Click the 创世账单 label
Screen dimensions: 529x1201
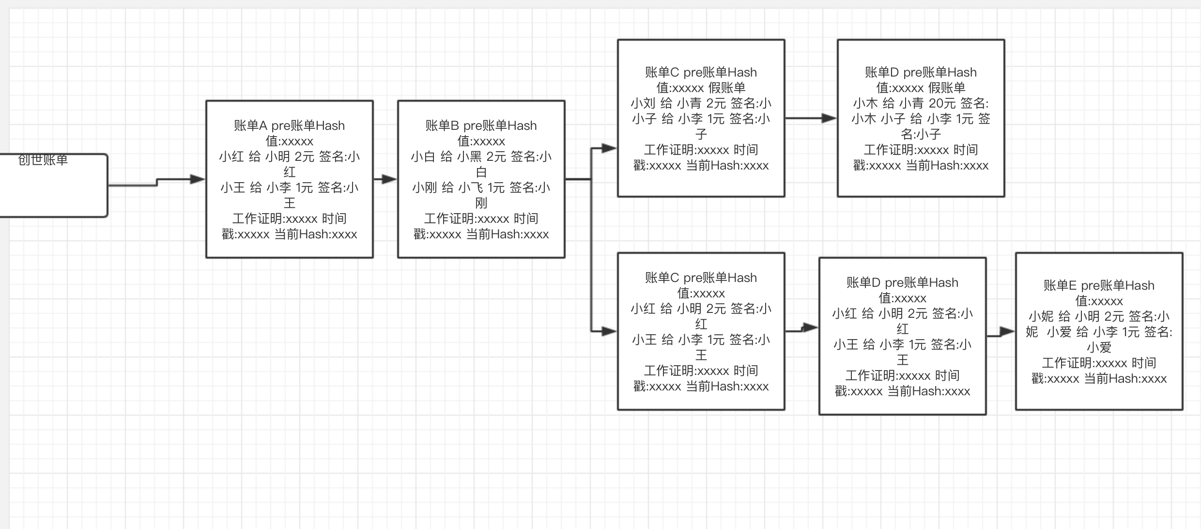[x=43, y=160]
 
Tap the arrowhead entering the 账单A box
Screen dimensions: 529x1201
[x=197, y=179]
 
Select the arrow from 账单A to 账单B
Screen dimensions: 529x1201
[x=385, y=179]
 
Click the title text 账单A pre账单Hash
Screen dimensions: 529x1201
[x=289, y=125]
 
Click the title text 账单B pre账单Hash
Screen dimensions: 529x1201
[x=481, y=125]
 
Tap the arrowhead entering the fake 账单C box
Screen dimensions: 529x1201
[x=608, y=148]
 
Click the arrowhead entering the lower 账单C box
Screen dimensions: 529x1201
[x=608, y=332]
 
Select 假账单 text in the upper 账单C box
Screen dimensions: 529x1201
[x=727, y=88]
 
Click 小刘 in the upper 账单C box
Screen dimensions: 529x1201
[x=643, y=103]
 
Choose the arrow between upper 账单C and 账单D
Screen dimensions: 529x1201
[x=811, y=118]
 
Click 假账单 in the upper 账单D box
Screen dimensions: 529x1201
[x=947, y=88]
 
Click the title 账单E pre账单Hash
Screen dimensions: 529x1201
[x=1099, y=285]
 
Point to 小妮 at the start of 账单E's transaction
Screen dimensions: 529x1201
[x=1041, y=316]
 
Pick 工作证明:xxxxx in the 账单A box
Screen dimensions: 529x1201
[x=275, y=218]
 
